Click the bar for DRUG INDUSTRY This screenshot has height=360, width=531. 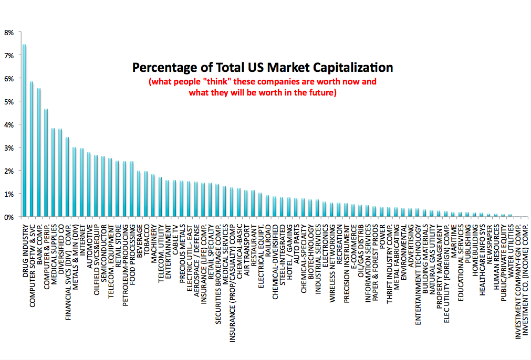pos(24,131)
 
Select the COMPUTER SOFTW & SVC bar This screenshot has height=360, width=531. pos(32,150)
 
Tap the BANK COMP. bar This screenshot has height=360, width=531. pos(39,153)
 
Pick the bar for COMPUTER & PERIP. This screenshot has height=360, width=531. pos(46,163)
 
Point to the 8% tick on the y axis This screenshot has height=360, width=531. pos(9,32)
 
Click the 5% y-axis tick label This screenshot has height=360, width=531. pos(9,101)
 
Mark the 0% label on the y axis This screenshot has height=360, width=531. pos(9,217)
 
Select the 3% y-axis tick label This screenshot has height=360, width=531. pos(9,147)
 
